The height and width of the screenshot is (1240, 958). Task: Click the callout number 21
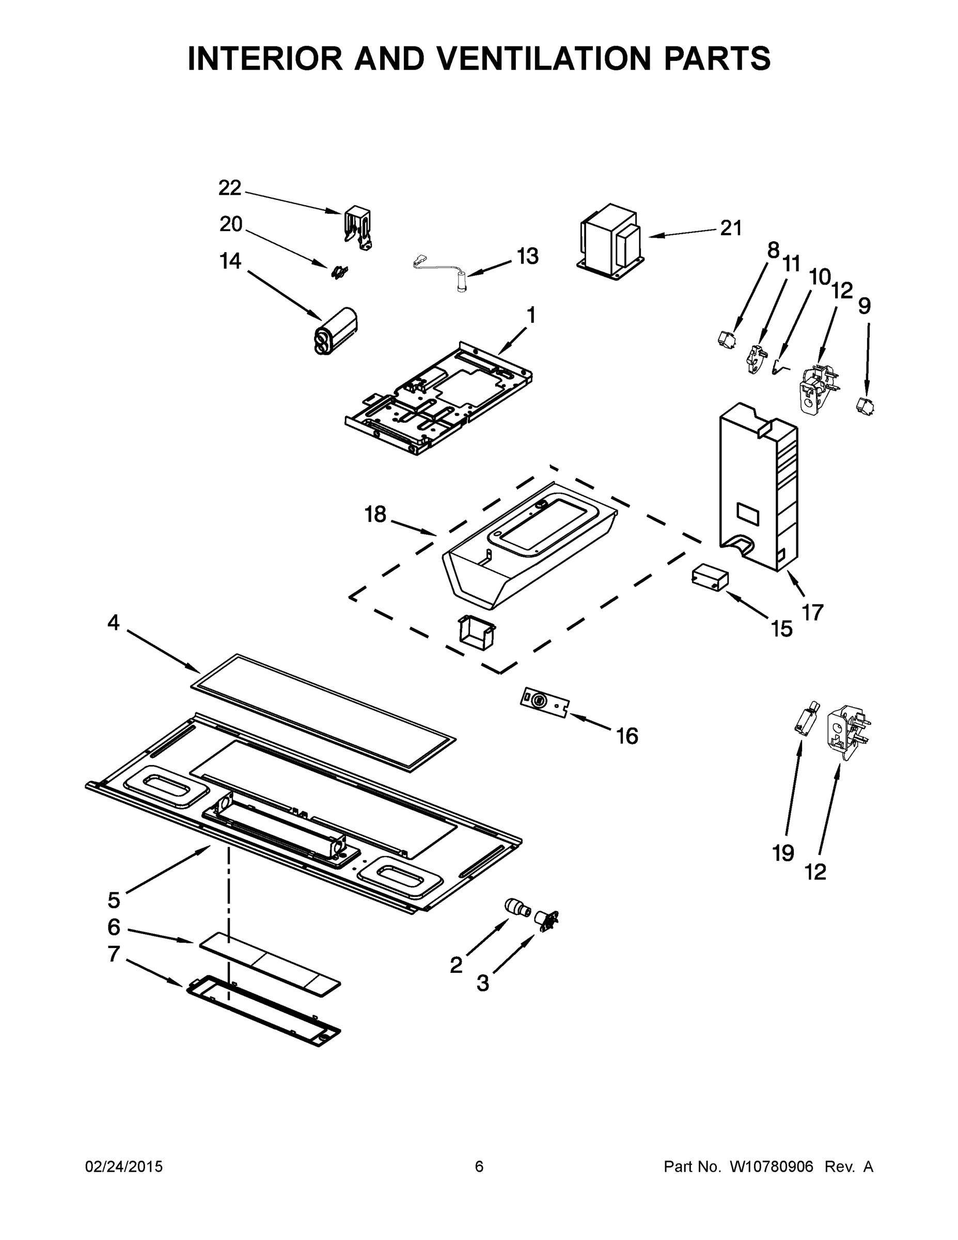pyautogui.click(x=731, y=228)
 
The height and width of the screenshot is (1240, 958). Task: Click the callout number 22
pyautogui.click(x=230, y=188)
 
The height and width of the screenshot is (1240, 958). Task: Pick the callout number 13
pyautogui.click(x=527, y=256)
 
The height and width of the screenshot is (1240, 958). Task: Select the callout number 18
pyautogui.click(x=375, y=515)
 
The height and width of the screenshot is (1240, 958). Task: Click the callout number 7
pyautogui.click(x=114, y=954)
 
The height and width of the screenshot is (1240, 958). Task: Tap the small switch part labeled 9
pyautogui.click(x=865, y=407)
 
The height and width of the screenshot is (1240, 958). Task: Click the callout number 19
pyautogui.click(x=783, y=854)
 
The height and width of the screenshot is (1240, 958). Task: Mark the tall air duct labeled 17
pyautogui.click(x=758, y=488)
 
